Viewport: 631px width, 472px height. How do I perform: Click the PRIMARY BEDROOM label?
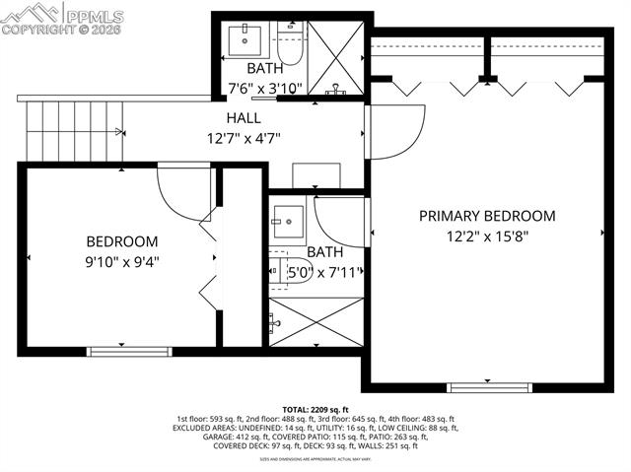point(487,216)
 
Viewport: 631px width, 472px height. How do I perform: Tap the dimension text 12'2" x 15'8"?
point(487,236)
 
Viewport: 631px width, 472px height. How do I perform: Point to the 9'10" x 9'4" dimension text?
point(122,262)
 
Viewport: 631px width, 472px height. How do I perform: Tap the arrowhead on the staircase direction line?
point(120,130)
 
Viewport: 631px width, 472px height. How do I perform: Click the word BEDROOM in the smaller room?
point(122,241)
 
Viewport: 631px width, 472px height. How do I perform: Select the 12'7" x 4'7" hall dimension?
point(245,138)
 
